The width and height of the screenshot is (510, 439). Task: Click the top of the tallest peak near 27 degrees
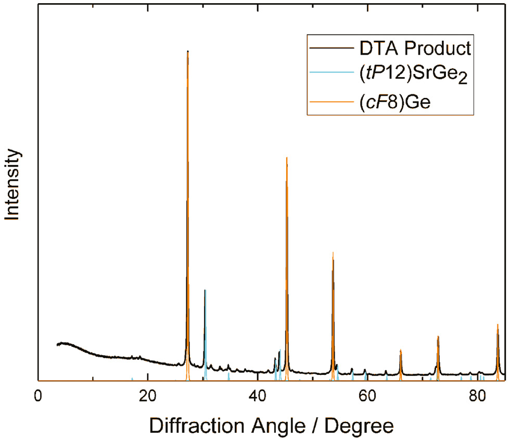click(x=188, y=51)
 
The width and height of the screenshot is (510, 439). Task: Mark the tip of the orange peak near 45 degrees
click(x=287, y=157)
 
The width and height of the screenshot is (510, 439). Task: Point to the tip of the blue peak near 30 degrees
click(x=205, y=290)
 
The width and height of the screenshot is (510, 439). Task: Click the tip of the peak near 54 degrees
click(x=333, y=253)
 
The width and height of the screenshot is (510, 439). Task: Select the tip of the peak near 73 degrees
click(x=438, y=336)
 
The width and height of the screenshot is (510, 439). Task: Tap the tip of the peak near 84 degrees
click(x=498, y=324)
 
